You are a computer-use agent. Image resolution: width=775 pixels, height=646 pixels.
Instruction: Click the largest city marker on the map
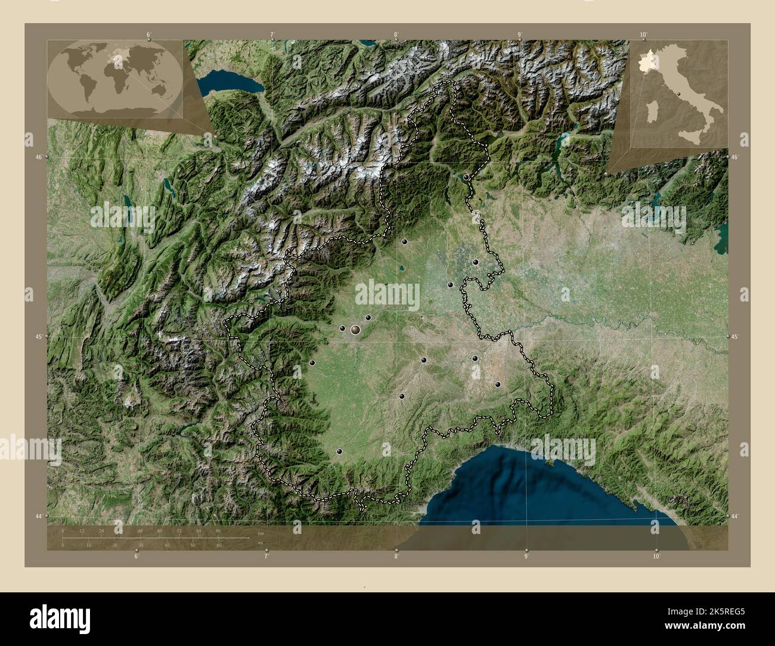356,328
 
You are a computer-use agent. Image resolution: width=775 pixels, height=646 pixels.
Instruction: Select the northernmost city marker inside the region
466,177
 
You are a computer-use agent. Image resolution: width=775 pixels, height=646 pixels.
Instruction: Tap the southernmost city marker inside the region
339,452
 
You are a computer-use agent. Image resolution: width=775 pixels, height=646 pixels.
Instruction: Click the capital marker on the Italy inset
678,94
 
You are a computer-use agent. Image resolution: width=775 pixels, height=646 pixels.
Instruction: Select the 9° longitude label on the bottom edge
526,557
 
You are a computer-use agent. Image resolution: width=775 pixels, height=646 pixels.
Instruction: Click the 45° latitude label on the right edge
736,337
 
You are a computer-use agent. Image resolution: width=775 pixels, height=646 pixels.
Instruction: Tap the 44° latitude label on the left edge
39,515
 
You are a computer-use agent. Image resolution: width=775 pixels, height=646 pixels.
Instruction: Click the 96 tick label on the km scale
218,530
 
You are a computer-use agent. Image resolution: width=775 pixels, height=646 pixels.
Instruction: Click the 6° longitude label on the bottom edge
137,557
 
